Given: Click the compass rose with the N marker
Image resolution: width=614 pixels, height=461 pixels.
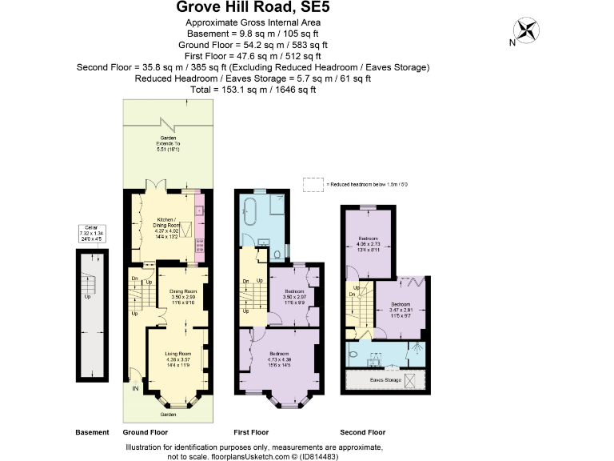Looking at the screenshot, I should tap(525, 31).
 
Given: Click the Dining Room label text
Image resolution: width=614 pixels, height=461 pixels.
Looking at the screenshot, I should tap(183, 297).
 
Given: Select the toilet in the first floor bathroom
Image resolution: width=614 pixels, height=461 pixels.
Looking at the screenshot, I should tap(276, 255).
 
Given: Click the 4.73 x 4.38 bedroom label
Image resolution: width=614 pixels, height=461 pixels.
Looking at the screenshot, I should tap(279, 359).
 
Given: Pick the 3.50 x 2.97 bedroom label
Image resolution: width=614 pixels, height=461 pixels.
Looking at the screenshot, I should tap(295, 298).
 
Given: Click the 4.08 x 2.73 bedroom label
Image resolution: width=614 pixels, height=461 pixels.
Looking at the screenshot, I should tap(369, 243).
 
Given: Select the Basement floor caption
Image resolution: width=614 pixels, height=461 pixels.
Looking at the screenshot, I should tap(92, 432).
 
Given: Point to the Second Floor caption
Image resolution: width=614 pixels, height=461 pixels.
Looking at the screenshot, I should tap(362, 432).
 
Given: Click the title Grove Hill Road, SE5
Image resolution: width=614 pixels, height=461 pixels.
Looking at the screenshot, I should tap(253, 10).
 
